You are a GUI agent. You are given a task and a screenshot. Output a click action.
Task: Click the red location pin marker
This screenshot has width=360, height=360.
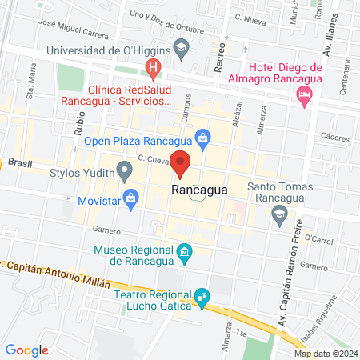[x=181, y=162]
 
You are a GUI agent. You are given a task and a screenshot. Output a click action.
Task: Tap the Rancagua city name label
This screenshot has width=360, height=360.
[x=199, y=190]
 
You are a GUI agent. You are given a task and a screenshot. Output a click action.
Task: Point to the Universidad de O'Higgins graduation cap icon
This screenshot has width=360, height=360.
[x=181, y=50]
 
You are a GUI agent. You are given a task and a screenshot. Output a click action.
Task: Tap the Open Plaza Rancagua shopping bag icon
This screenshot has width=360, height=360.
[x=203, y=138]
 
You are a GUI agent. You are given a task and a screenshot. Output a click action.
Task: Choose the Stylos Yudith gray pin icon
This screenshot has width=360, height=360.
[x=124, y=170]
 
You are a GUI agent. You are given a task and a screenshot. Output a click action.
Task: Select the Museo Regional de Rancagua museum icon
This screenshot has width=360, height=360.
[x=185, y=254]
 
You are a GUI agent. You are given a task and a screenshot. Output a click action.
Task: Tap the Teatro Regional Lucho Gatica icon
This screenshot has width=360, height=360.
[x=202, y=298]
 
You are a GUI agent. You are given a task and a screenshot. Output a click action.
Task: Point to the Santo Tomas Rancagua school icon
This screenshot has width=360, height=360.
[x=278, y=213]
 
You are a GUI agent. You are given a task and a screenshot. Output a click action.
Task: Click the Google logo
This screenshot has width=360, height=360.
[x=27, y=350]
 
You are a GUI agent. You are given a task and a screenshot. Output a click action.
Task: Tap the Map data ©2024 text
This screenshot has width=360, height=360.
[x=324, y=354]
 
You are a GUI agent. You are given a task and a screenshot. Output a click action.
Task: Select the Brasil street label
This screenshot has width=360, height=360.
[x=18, y=162]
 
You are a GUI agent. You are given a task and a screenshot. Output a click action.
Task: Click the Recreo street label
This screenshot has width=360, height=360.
[x=220, y=60]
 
